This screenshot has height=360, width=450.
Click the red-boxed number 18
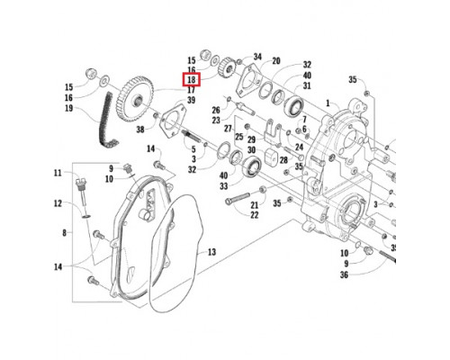pyautogui.click(x=192, y=80)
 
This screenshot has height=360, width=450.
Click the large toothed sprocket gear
pyautogui.click(x=135, y=99)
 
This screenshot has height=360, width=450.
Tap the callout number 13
pyautogui.click(x=211, y=252)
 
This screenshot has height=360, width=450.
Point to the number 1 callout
pyautogui.click(x=328, y=103)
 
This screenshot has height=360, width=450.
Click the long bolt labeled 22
pyautogui.click(x=238, y=199)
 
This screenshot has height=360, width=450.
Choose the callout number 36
pyautogui.click(x=344, y=274)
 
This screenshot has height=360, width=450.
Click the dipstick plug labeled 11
pyautogui.click(x=81, y=192)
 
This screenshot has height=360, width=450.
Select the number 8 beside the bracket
pyautogui.click(x=65, y=232)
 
